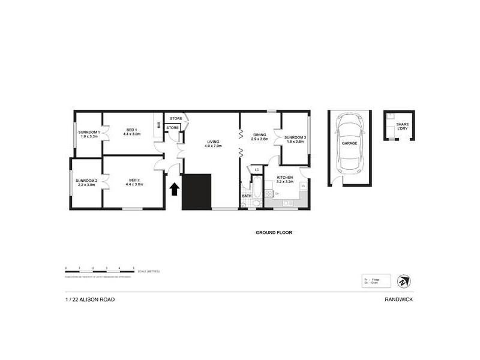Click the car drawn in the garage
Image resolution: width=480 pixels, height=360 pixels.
pyautogui.click(x=349, y=143)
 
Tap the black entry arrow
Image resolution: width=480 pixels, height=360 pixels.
pyautogui.click(x=174, y=189)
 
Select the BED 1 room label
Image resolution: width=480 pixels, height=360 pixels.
pyautogui.click(x=131, y=132)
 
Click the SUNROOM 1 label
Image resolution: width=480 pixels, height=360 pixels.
pyautogui.click(x=88, y=134)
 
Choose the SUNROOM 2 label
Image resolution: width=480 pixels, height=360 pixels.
pyautogui.click(x=86, y=183)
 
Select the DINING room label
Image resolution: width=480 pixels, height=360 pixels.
pyautogui.click(x=259, y=137)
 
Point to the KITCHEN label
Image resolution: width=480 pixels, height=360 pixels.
pyautogui.click(x=284, y=179)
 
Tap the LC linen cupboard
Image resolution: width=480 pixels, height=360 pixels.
pyautogui.click(x=257, y=170)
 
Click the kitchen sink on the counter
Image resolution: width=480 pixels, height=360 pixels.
pyautogui.click(x=287, y=205)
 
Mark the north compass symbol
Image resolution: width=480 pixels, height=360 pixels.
pyautogui.click(x=401, y=280)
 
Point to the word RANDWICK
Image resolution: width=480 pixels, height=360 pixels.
pyautogui.click(x=399, y=299)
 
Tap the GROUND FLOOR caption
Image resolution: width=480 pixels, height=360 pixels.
pyautogui.click(x=273, y=232)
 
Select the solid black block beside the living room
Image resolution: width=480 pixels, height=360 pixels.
pyautogui.click(x=197, y=192)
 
